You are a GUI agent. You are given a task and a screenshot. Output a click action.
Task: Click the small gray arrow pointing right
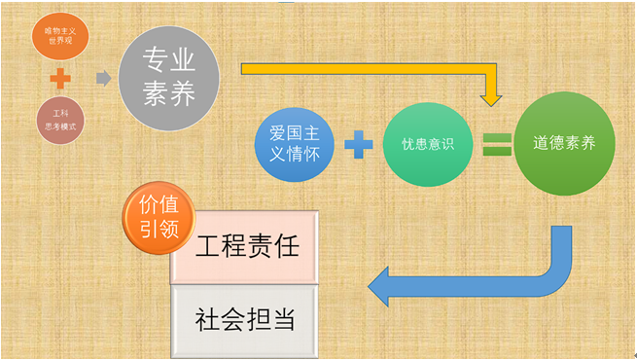point(103,78)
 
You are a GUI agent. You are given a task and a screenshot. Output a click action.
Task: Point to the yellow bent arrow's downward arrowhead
point(492,97)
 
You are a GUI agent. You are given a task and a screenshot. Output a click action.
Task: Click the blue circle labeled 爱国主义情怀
point(296,143)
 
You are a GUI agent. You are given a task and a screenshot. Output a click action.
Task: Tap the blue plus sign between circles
point(358,145)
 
